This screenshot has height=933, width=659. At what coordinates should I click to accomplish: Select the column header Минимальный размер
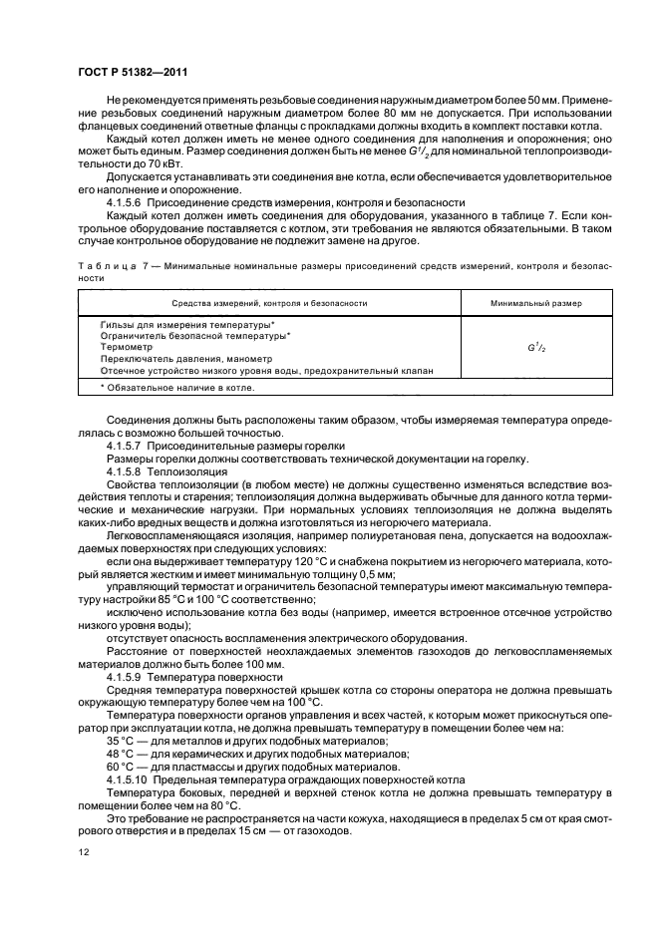(536, 303)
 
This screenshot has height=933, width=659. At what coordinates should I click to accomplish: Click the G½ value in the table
(536, 348)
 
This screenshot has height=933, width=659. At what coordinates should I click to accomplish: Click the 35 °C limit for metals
(120, 741)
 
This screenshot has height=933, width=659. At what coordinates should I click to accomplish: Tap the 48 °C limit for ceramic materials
(120, 754)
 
